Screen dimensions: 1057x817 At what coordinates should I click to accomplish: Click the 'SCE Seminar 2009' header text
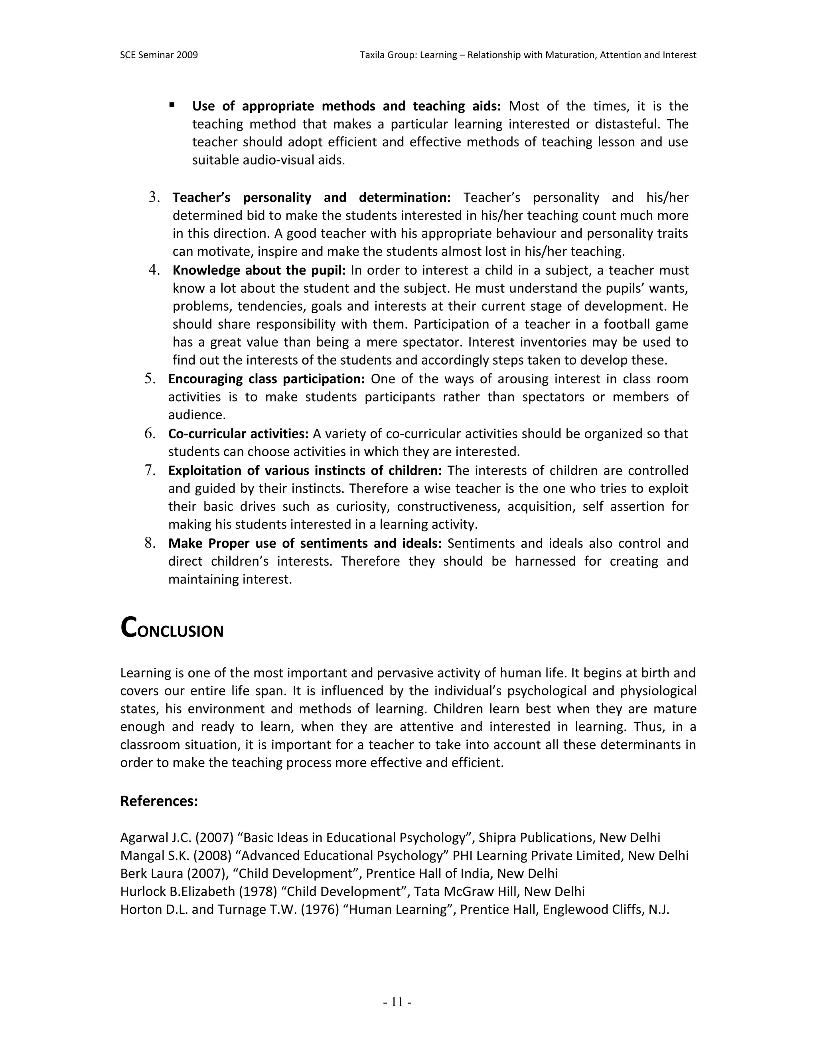tap(159, 55)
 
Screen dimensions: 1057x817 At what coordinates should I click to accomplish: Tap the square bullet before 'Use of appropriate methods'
tap(172, 105)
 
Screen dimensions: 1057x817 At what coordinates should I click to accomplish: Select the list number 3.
tap(154, 197)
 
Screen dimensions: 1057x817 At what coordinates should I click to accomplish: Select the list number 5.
tap(150, 379)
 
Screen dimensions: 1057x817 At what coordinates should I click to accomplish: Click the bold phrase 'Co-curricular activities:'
tap(238, 434)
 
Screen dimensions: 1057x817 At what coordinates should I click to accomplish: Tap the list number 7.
tap(150, 470)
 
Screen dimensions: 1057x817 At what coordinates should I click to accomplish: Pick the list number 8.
tap(150, 543)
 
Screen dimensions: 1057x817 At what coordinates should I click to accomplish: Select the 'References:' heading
tap(159, 801)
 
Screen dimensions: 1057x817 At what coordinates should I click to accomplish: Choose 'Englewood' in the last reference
tap(577, 910)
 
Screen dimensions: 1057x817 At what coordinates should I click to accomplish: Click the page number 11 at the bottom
tap(397, 1002)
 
